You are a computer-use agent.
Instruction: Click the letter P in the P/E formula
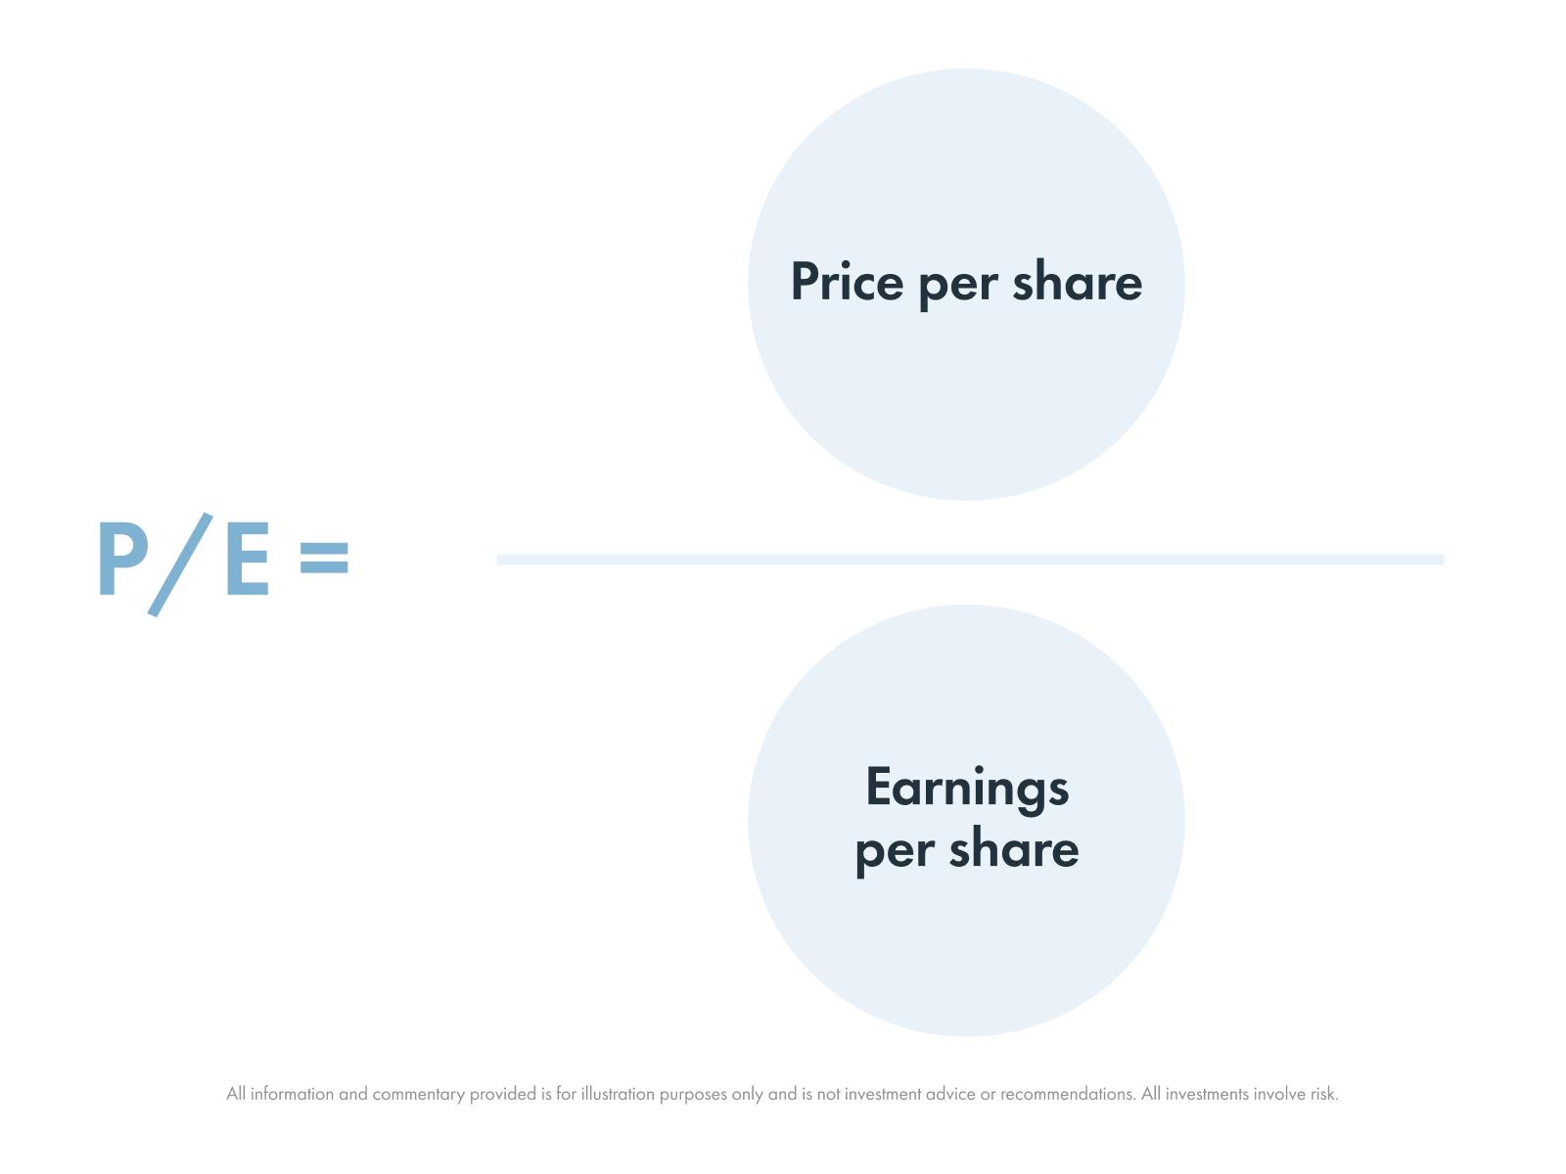(121, 559)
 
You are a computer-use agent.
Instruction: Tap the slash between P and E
(181, 564)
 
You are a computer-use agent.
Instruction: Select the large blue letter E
(247, 559)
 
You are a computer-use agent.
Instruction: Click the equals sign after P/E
(324, 559)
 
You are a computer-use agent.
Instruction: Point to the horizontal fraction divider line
(969, 560)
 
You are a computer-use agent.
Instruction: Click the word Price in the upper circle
(847, 282)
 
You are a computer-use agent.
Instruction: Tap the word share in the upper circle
(1077, 282)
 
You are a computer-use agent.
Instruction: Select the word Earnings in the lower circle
(967, 789)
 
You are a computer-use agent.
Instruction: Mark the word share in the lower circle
(1013, 848)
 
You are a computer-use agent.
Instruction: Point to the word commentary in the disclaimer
(418, 1095)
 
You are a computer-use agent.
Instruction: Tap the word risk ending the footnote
(1323, 1094)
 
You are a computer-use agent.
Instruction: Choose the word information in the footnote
(292, 1094)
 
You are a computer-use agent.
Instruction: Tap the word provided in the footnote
(502, 1094)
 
